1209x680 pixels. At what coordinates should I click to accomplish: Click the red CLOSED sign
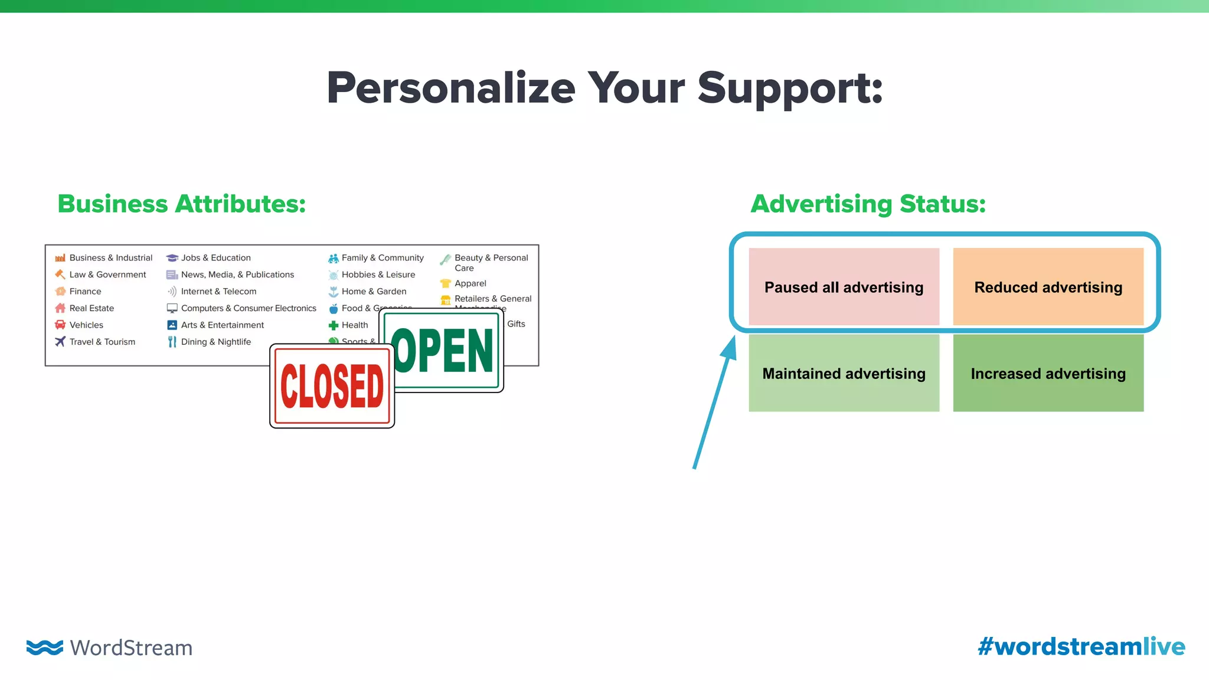pos(332,387)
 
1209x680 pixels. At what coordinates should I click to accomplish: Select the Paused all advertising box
pos(844,287)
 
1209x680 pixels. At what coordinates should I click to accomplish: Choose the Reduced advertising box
pos(1048,287)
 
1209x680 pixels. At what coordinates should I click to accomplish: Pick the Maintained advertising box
pos(844,373)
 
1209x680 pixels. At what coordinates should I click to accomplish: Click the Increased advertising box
pos(1048,373)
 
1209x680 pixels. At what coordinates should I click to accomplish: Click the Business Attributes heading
pos(182,204)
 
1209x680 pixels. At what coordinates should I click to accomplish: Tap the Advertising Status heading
pos(868,204)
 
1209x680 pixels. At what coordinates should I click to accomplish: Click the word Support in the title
pos(790,89)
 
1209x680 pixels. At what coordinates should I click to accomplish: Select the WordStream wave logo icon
pos(44,647)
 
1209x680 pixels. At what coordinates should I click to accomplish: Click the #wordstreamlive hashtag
pos(1081,646)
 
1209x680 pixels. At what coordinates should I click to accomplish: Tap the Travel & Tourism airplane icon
pos(60,342)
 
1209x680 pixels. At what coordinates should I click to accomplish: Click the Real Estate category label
pos(92,308)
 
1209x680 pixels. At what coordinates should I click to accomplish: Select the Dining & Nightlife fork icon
pos(172,342)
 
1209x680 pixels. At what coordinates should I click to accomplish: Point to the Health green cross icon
pos(334,325)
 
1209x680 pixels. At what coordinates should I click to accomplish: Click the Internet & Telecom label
pos(218,292)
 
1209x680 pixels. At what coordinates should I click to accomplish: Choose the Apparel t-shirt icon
pos(446,283)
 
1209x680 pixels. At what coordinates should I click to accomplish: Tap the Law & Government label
pos(107,274)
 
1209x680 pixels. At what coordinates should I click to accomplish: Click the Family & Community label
pos(383,258)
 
